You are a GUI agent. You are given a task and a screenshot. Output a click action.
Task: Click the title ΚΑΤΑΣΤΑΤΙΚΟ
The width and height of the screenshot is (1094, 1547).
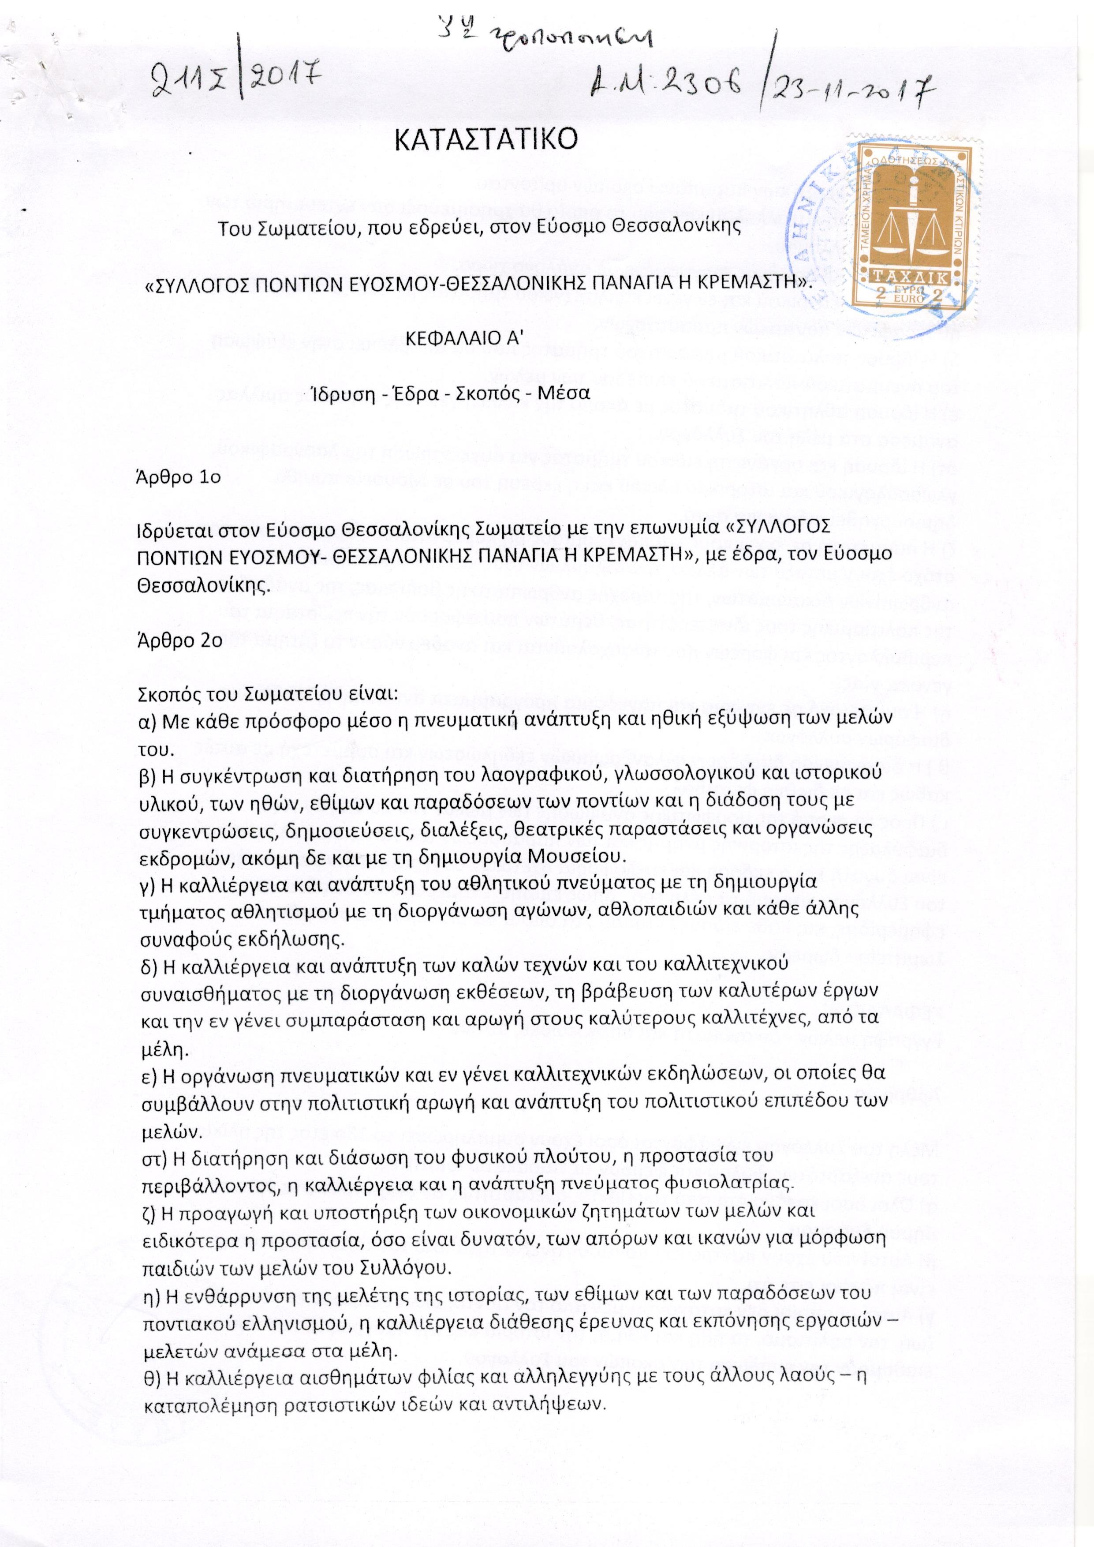point(485,140)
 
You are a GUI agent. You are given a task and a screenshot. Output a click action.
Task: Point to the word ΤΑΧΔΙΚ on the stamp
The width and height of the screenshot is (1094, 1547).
point(911,277)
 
